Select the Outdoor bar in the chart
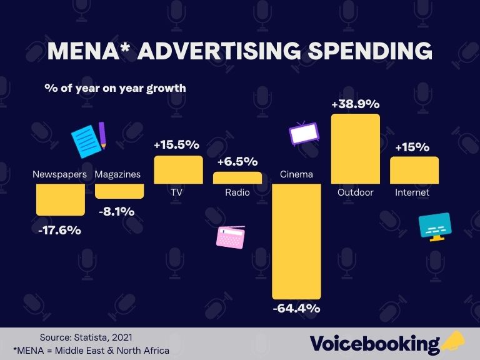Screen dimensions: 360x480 [x=355, y=149]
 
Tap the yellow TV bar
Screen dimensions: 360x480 [x=178, y=169]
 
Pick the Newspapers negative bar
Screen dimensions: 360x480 [x=60, y=199]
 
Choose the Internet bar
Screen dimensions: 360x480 [x=414, y=170]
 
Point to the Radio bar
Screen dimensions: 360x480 [x=237, y=177]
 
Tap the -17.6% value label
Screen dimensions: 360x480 [x=59, y=230]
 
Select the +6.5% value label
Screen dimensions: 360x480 [x=237, y=161]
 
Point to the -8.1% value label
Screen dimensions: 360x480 [x=117, y=212]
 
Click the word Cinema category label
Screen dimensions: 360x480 [x=296, y=174]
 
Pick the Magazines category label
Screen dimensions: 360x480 [x=117, y=174]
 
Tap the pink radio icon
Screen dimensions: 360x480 [x=231, y=237]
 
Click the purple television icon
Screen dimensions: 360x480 [x=304, y=132]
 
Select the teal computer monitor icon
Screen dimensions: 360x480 [x=435, y=228]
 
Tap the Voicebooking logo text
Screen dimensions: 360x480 [x=375, y=343]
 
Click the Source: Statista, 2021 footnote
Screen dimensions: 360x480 [x=86, y=337]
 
